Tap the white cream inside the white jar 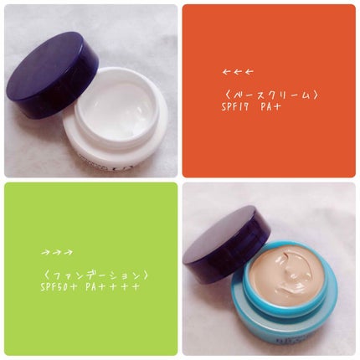[x=115, y=108]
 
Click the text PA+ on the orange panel [x=270, y=108]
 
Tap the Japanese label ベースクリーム [x=270, y=95]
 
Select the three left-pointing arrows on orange [x=238, y=72]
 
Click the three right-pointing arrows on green [x=57, y=253]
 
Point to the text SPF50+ [x=59, y=287]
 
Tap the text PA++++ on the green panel [x=111, y=287]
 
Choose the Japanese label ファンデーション [x=94, y=275]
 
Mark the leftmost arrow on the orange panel [x=226, y=72]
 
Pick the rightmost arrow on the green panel [x=69, y=253]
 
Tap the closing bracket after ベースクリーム [x=315, y=95]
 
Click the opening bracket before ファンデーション [x=44, y=275]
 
